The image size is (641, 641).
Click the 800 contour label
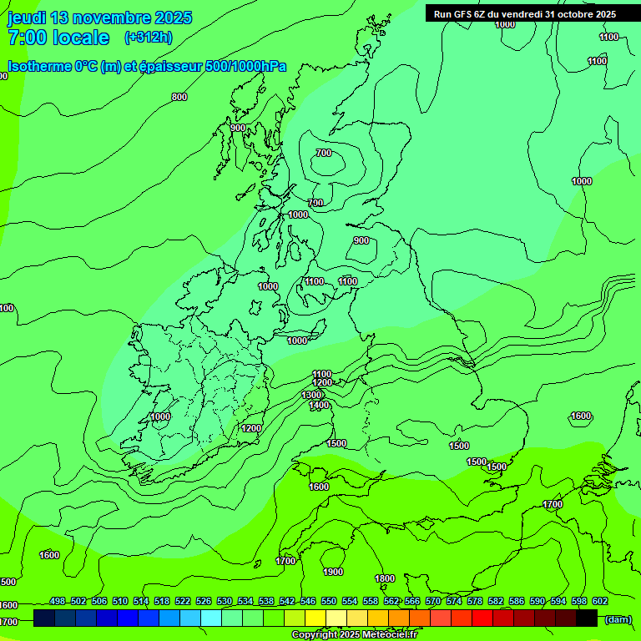[x=179, y=98]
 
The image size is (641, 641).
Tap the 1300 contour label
[x=311, y=395]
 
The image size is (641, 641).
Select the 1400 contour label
[x=319, y=406]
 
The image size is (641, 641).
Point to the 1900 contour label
[x=333, y=572]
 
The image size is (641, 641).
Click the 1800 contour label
[x=385, y=578]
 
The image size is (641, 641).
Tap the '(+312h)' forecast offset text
[x=148, y=38]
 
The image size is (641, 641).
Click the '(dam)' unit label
[x=618, y=618]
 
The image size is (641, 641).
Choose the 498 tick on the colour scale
[x=58, y=601]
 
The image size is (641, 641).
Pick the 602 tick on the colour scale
[x=599, y=601]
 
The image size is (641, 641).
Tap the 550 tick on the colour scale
[x=329, y=601]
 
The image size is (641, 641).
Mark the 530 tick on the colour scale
[x=225, y=601]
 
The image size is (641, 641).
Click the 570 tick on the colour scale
[x=433, y=601]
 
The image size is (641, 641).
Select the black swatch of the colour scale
[x=587, y=618]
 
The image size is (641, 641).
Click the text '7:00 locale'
[x=58, y=38]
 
